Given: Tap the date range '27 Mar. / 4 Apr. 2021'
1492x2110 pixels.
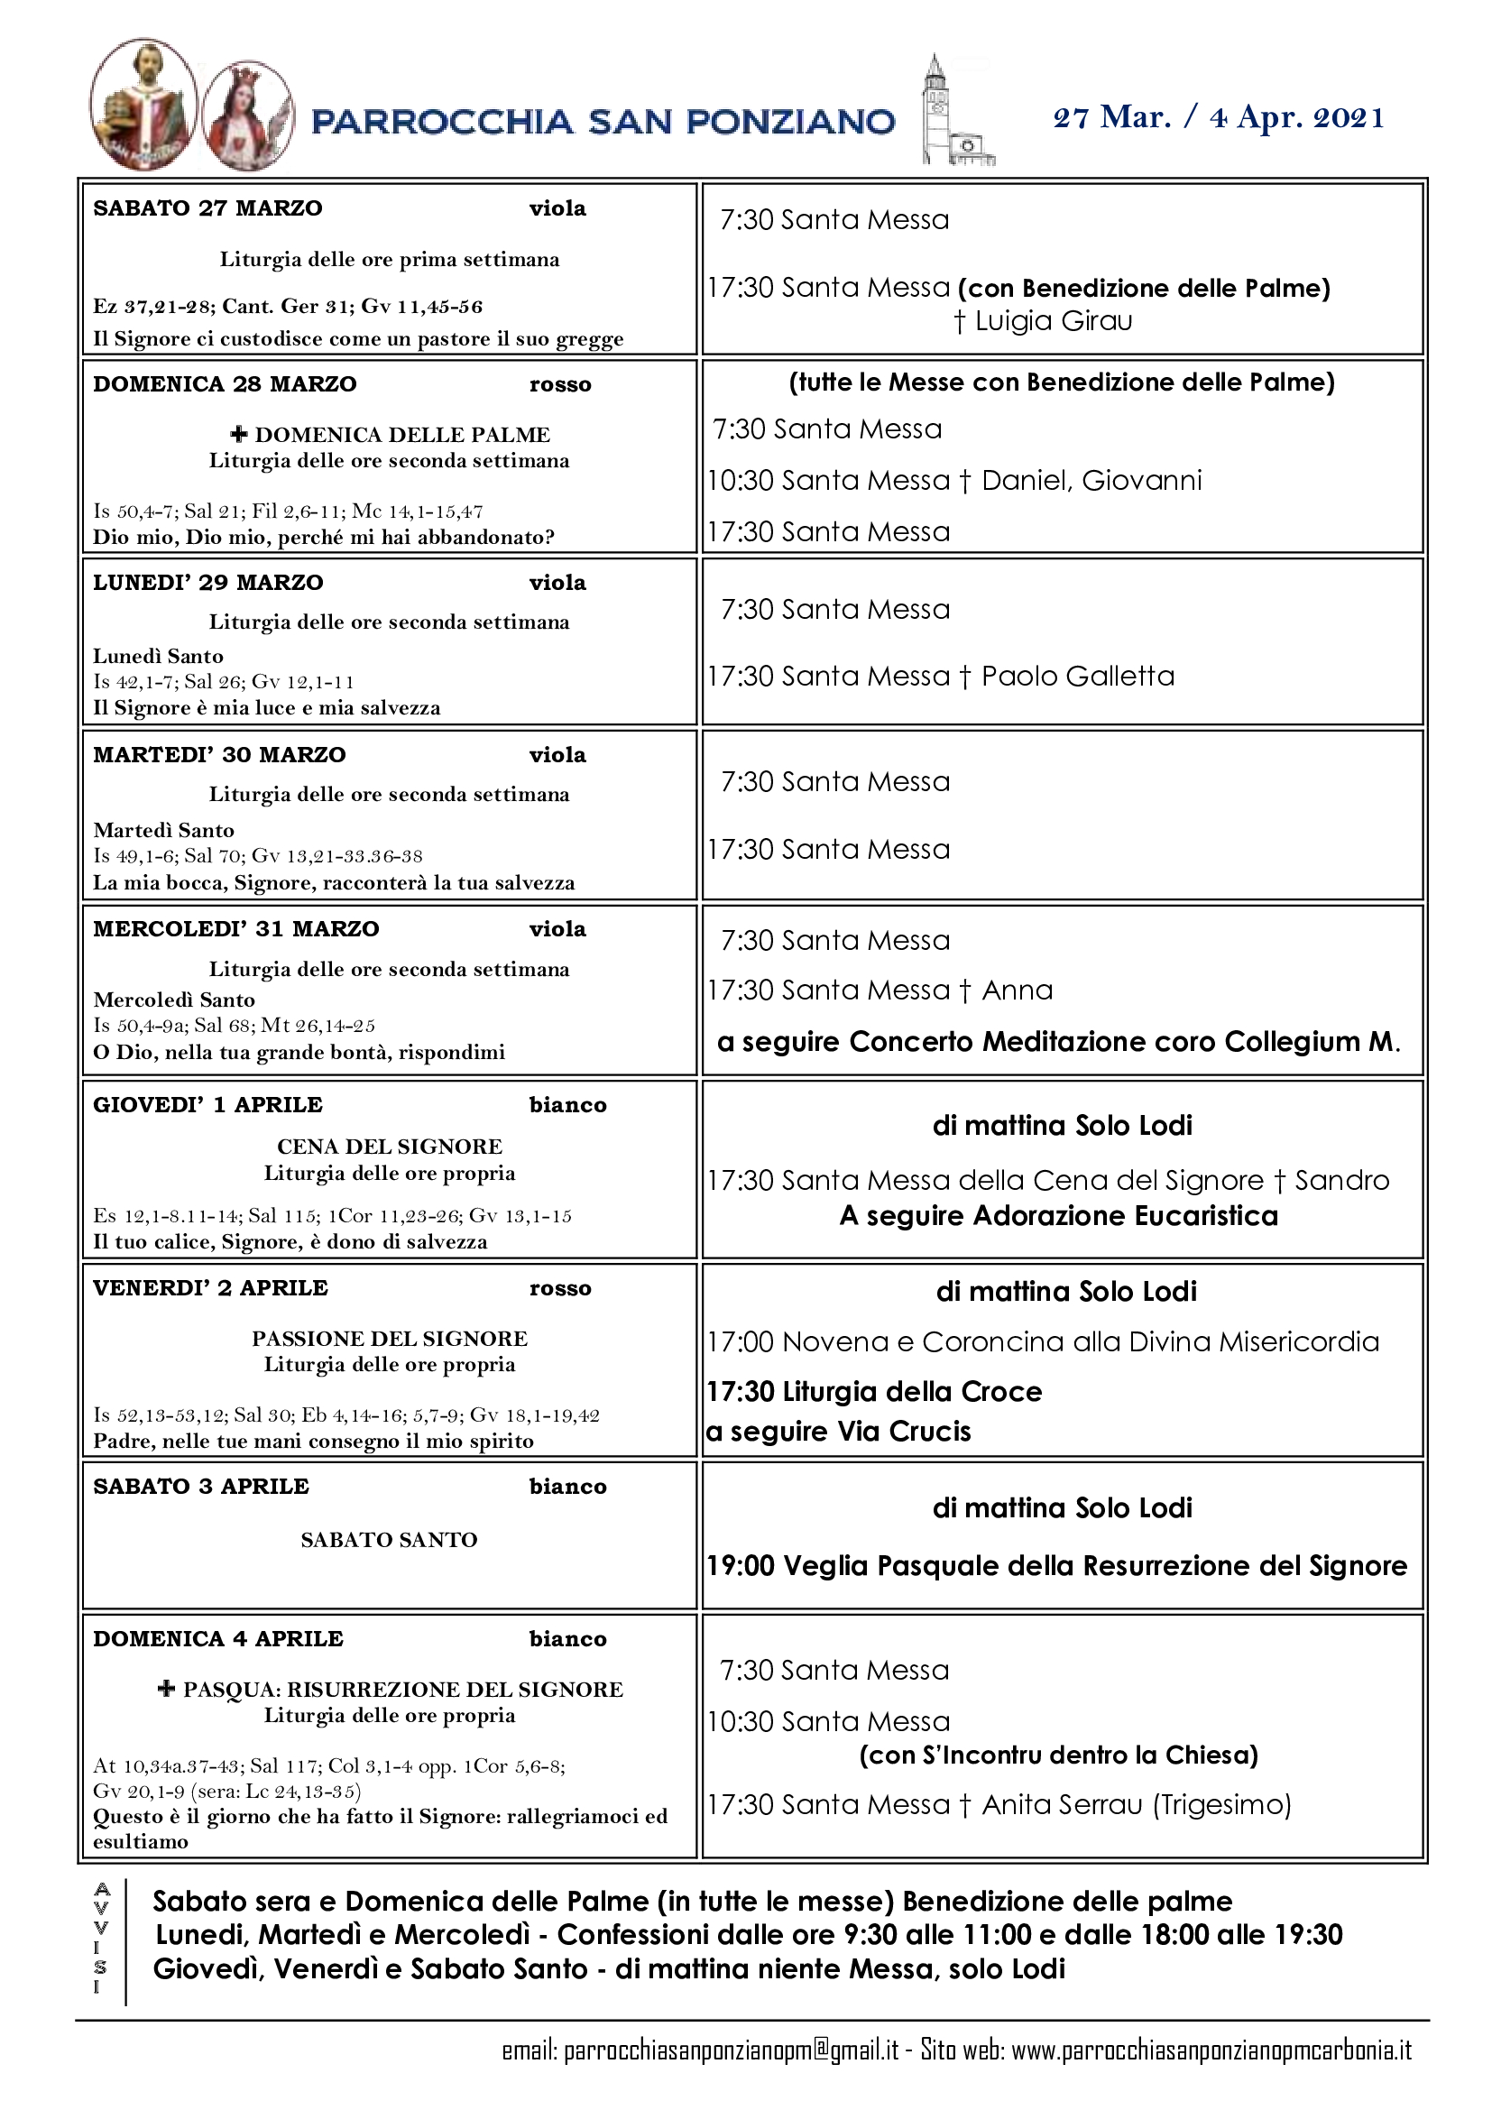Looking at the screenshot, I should [x=1218, y=117].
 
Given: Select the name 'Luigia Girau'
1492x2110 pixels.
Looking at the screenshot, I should [x=1053, y=321].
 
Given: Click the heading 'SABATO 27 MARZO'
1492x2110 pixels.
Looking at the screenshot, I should [x=207, y=208].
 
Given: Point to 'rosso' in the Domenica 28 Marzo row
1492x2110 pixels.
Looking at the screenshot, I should [x=559, y=385].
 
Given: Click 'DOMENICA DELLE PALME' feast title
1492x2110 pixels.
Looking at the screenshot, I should [x=401, y=435].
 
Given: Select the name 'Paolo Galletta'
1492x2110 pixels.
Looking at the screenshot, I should [x=1078, y=677].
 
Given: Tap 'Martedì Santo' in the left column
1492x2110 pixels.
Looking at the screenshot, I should [x=163, y=830].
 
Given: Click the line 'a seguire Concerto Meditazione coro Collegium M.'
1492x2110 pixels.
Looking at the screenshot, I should [x=1058, y=1041].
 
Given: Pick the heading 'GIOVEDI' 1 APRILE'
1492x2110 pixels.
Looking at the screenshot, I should [x=207, y=1105].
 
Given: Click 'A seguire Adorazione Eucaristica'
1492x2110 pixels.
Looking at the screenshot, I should [x=1058, y=1216].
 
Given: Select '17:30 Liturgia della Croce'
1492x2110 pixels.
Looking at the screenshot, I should [x=874, y=1391].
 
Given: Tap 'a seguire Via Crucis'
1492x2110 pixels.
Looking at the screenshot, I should [x=838, y=1431].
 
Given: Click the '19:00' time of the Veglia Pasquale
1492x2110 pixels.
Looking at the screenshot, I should [x=741, y=1566].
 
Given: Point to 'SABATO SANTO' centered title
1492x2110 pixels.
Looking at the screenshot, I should [x=389, y=1539].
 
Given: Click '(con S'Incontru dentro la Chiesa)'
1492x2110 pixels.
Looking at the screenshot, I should [x=1058, y=1755].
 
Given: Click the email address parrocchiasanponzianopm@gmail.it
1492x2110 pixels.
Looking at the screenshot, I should [x=732, y=2050].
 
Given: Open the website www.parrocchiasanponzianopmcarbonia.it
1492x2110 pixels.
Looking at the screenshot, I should [x=1211, y=2050].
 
